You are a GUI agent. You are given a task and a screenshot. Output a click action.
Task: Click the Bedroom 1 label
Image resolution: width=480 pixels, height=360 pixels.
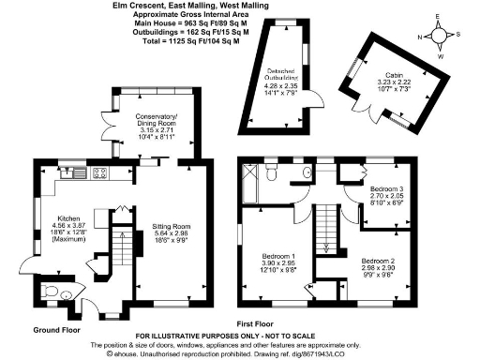pyautogui.click(x=279, y=262)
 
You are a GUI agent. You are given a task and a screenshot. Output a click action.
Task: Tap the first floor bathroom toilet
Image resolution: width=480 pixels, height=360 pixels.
pyautogui.click(x=307, y=172)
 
